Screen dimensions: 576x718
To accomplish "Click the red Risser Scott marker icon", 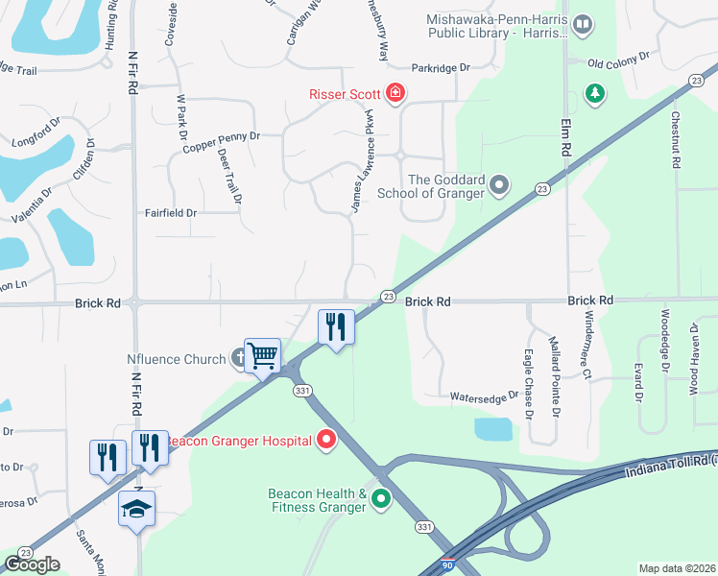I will tap(395, 93).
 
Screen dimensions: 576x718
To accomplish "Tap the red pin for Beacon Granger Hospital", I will tap(326, 441).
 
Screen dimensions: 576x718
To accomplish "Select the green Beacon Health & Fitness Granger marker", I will tap(381, 498).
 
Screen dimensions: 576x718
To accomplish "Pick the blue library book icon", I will tap(582, 24).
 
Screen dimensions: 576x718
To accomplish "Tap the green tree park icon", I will tap(596, 93).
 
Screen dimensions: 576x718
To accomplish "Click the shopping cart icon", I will tap(262, 356).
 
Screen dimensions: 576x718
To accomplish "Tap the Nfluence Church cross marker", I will tap(240, 360).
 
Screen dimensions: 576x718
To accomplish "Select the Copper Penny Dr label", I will tap(222, 136).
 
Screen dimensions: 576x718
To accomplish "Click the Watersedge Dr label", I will tap(485, 396).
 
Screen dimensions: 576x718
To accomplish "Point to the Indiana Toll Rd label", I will tap(670, 465).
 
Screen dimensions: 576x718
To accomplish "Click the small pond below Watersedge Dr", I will tap(493, 429).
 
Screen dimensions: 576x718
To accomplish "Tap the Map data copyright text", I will tap(677, 568).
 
